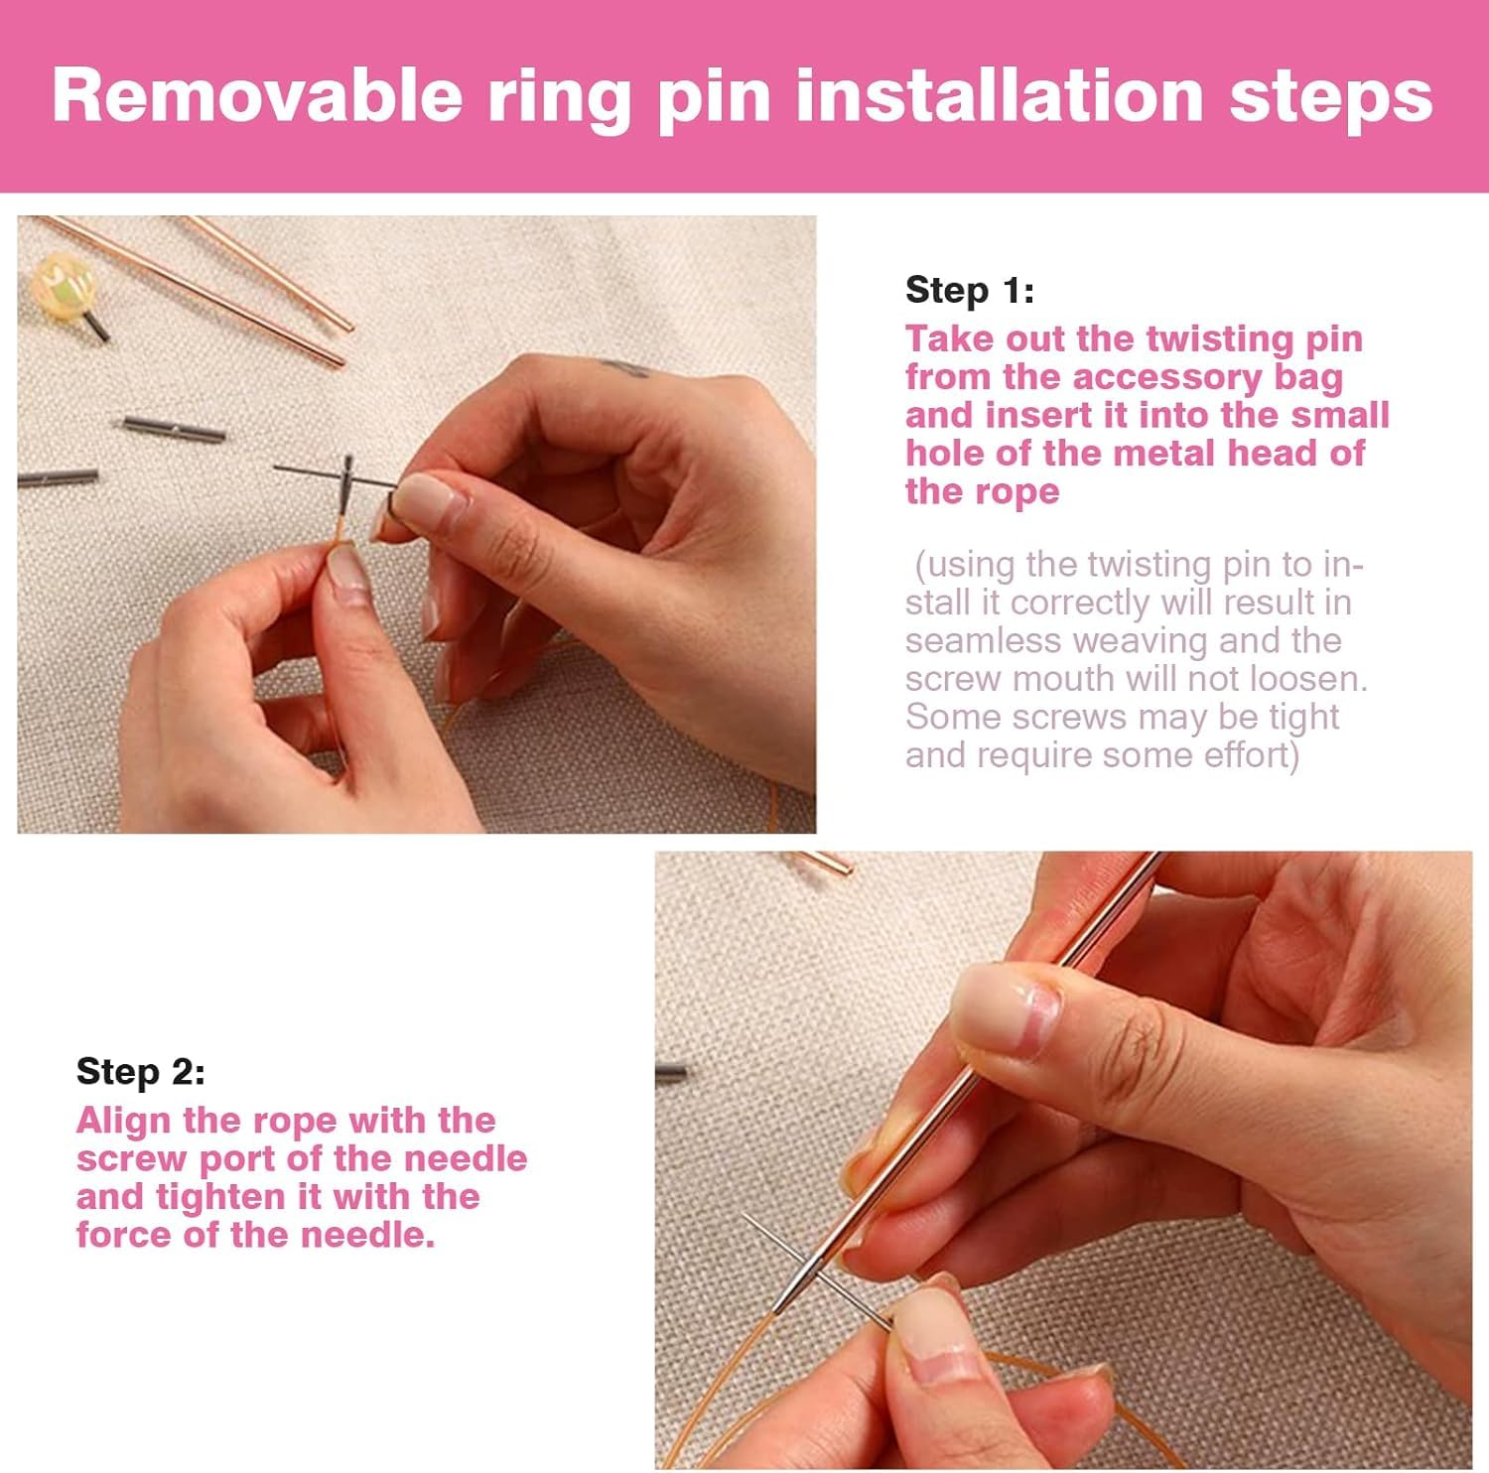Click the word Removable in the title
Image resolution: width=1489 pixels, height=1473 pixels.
(257, 95)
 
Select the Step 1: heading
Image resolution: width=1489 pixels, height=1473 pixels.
(970, 290)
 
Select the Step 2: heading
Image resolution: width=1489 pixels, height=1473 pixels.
(141, 1072)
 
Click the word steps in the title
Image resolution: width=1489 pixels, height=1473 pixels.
(1331, 95)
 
